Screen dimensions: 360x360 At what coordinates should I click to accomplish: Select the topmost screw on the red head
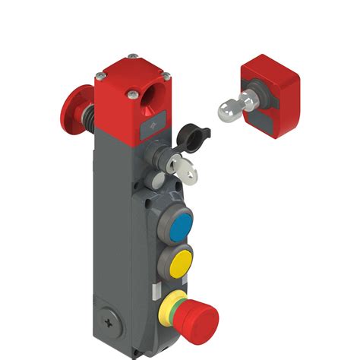134,55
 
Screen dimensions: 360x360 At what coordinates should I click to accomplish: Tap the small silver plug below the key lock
158,180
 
